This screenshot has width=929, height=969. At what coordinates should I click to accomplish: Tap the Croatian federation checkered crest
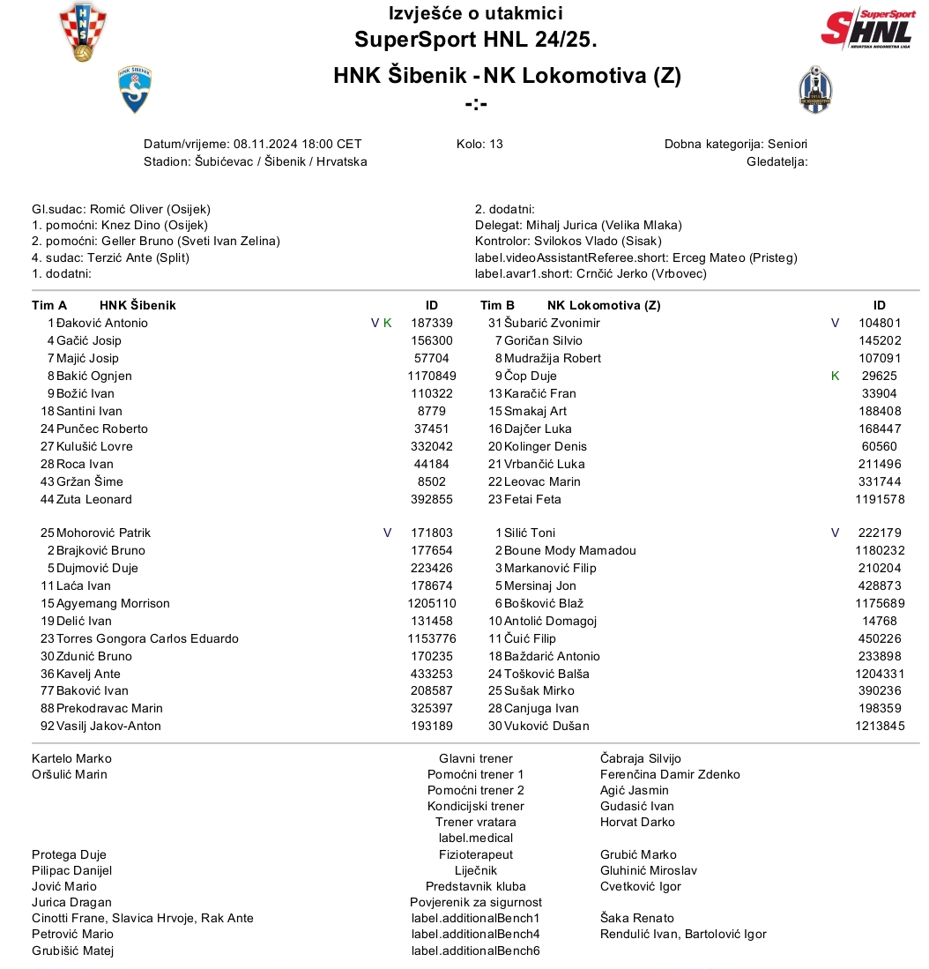pos(83,32)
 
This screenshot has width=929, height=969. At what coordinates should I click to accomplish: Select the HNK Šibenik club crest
pos(135,90)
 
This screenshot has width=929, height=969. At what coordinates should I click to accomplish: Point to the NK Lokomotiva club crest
pos(814,90)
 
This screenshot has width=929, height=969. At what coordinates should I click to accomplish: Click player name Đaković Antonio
pos(102,323)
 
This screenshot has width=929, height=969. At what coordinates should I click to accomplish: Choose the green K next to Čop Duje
pos(835,376)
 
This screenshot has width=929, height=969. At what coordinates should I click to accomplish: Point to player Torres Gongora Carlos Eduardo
pos(147,638)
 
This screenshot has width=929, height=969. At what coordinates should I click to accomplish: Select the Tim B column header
pos(497,305)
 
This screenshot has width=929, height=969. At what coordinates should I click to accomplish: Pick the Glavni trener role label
pos(476,758)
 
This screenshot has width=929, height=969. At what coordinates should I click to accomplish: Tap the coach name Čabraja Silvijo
pos(640,758)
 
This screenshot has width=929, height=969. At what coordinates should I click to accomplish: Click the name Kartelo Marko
pos(71,758)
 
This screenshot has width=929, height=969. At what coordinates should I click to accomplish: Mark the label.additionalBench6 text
pos(476,950)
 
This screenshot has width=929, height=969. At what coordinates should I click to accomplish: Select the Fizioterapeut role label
pos(476,854)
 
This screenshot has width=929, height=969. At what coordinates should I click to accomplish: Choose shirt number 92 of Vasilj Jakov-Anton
pos(48,726)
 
